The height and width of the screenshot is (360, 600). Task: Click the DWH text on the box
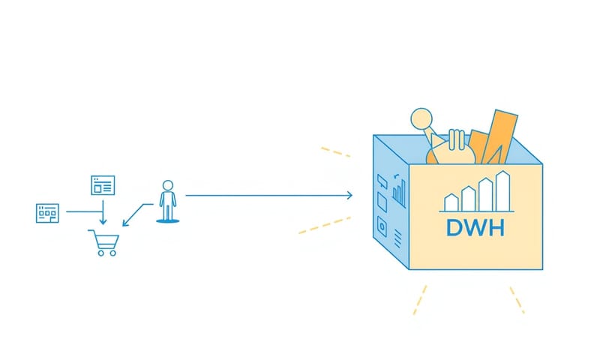click(475, 226)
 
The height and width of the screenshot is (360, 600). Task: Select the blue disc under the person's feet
click(168, 220)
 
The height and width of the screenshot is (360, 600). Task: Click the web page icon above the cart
click(103, 184)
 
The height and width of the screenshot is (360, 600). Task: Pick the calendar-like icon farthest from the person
click(47, 212)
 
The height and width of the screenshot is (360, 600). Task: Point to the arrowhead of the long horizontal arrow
click(349, 196)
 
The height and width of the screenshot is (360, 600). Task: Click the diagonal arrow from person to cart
click(135, 214)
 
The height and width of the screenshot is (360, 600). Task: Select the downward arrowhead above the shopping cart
click(103, 222)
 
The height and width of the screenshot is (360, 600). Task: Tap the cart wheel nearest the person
click(113, 253)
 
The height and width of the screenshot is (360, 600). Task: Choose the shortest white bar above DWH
click(451, 202)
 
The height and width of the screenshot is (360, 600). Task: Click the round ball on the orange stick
click(421, 118)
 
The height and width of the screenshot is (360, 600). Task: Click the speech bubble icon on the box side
click(381, 180)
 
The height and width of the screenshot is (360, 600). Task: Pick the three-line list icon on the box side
click(397, 238)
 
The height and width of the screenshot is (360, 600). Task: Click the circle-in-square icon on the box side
click(382, 226)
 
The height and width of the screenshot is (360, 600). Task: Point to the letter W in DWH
click(475, 226)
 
